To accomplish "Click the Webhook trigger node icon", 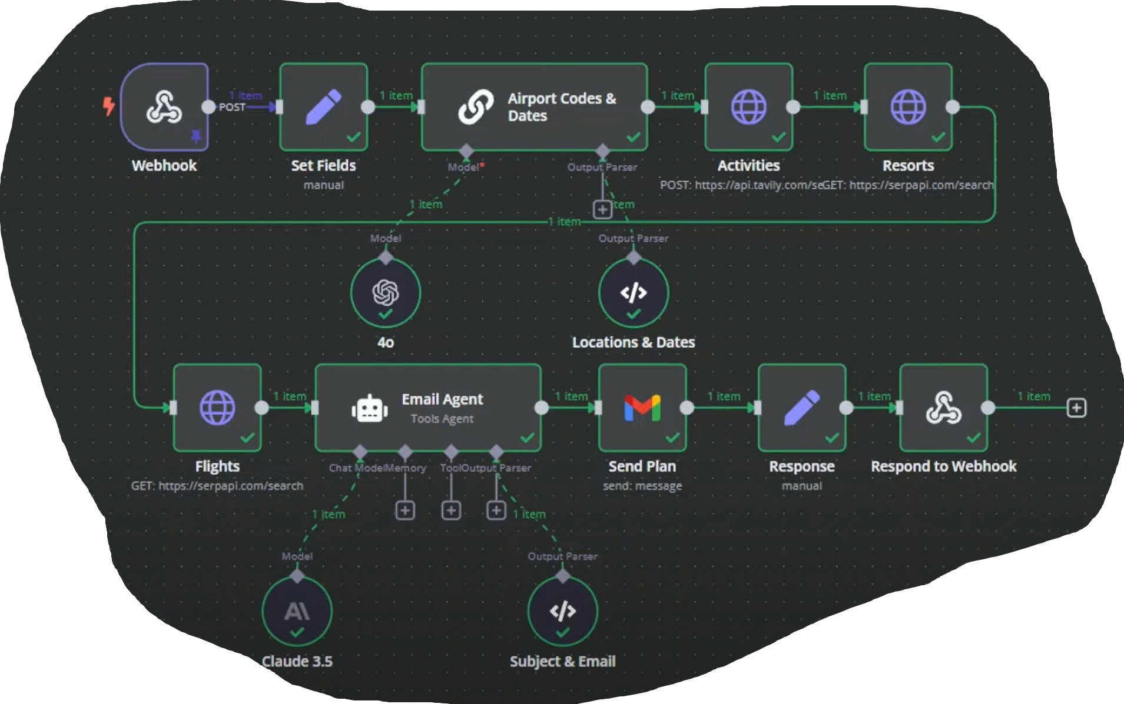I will pyautogui.click(x=164, y=107).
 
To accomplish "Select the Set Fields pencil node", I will pyautogui.click(x=323, y=107).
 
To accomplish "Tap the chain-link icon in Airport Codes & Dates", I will pyautogui.click(x=476, y=107).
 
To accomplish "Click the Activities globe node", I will pyautogui.click(x=748, y=107).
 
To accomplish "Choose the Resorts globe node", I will pyautogui.click(x=908, y=107).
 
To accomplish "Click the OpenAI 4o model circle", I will pyautogui.click(x=386, y=293).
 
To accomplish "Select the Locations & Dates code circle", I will pyautogui.click(x=634, y=293).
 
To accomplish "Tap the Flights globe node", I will pyautogui.click(x=217, y=408).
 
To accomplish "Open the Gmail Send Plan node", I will pyautogui.click(x=642, y=408).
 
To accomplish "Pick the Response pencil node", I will pyautogui.click(x=801, y=408).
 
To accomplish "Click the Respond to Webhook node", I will pyautogui.click(x=943, y=408).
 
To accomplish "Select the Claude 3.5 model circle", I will pyautogui.click(x=297, y=612).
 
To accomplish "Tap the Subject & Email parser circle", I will pyautogui.click(x=562, y=612).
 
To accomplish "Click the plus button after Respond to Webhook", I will pyautogui.click(x=1076, y=408).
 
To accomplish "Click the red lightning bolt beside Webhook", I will pyautogui.click(x=109, y=106).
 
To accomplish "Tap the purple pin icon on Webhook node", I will pyautogui.click(x=196, y=137).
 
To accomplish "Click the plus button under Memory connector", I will pyautogui.click(x=405, y=511).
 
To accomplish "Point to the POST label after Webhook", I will pyautogui.click(x=232, y=108).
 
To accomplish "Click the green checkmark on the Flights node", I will pyautogui.click(x=248, y=438).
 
